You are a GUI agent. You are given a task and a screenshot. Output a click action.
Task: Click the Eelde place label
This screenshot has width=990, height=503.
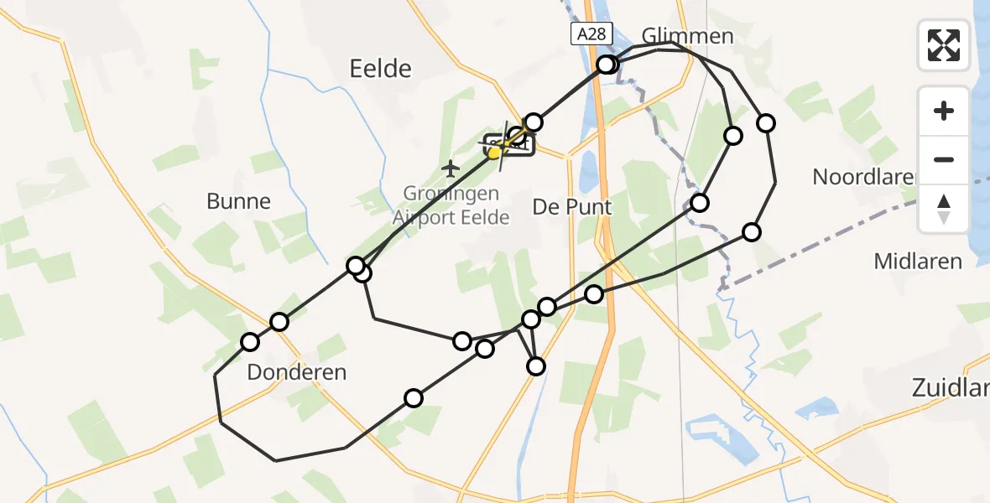[381, 68]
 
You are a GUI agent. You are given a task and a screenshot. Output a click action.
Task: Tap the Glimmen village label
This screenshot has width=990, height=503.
[687, 36]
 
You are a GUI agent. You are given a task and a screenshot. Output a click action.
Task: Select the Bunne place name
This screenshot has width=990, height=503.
[239, 201]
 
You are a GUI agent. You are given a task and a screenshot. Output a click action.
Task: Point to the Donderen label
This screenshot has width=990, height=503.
[297, 372]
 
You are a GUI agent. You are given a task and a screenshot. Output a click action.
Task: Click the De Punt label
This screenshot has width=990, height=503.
[572, 206]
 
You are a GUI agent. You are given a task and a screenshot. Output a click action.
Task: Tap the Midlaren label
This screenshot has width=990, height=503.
[918, 262]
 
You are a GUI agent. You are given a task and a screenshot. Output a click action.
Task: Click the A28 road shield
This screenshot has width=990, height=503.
[592, 34]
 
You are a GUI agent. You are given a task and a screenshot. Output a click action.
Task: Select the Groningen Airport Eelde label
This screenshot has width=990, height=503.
[451, 205]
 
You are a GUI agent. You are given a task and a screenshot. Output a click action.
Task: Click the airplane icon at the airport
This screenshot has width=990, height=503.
[451, 169]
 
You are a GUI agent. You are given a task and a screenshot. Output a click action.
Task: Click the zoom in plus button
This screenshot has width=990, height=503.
[944, 111]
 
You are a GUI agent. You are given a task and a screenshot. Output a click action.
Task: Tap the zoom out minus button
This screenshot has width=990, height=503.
[944, 159]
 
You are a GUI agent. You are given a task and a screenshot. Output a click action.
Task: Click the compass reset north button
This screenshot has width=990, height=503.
[944, 208]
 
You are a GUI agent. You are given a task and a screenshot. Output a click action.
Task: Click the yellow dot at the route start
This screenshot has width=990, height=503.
[494, 153]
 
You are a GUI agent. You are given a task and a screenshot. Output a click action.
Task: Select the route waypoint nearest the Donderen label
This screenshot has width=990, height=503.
[250, 341]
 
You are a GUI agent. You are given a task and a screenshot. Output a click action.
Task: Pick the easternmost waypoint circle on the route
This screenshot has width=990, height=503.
[765, 123]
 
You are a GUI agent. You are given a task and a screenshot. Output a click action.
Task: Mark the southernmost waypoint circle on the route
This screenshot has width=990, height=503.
[413, 398]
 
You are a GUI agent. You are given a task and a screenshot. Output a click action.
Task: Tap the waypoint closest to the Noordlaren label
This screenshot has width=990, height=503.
[765, 123]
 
